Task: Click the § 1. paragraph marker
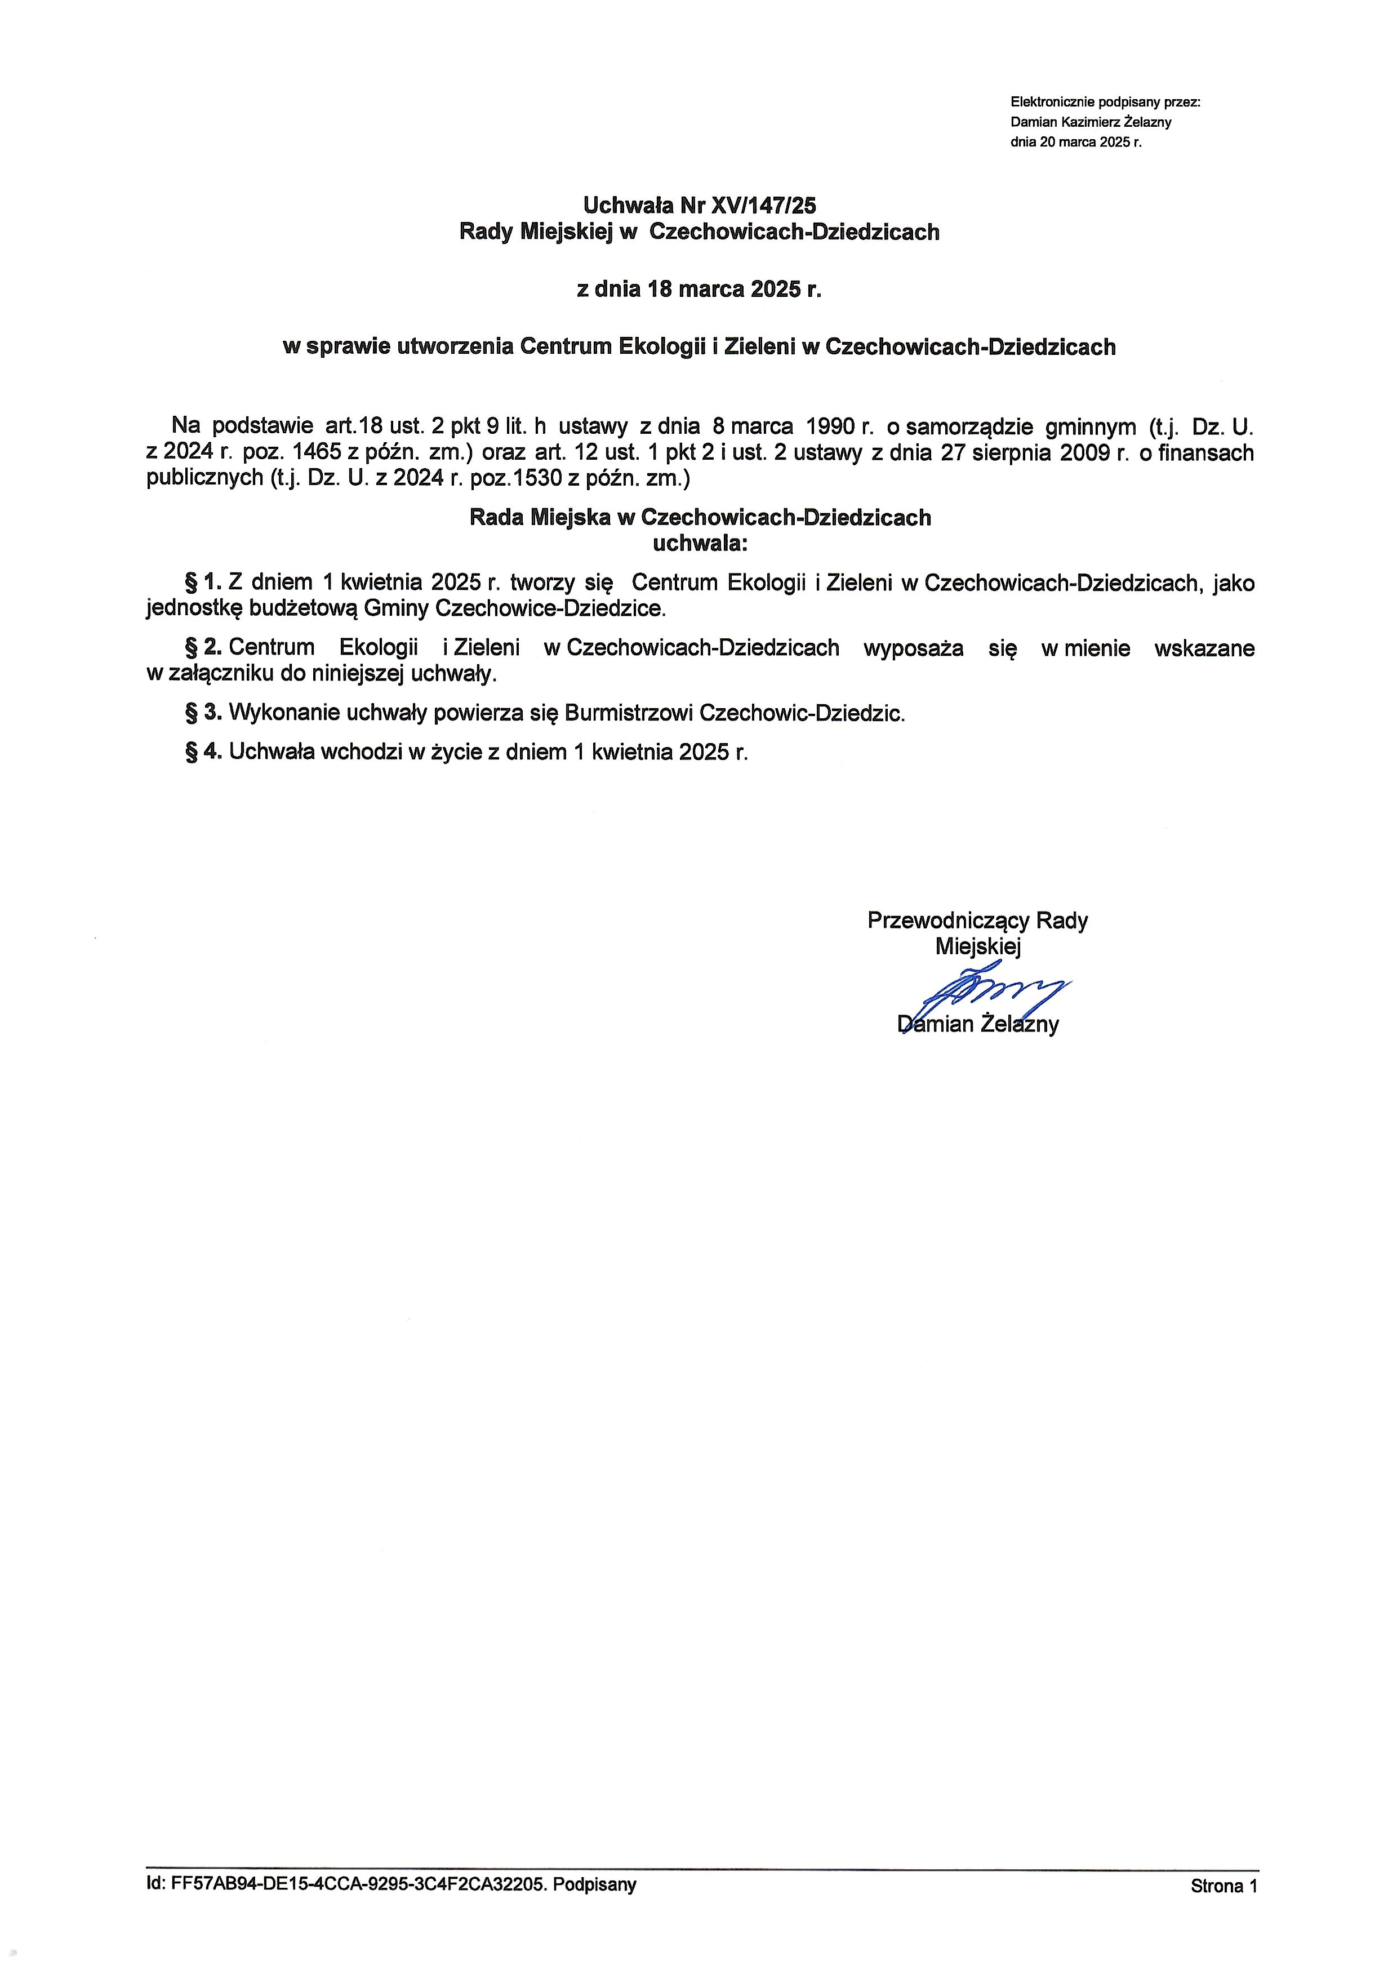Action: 204,583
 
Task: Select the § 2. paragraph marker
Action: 204,648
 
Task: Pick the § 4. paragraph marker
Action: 204,752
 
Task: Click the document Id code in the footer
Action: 358,1884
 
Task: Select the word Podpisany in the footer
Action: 594,1884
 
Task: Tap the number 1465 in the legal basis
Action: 317,452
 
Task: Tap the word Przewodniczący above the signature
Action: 948,921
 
